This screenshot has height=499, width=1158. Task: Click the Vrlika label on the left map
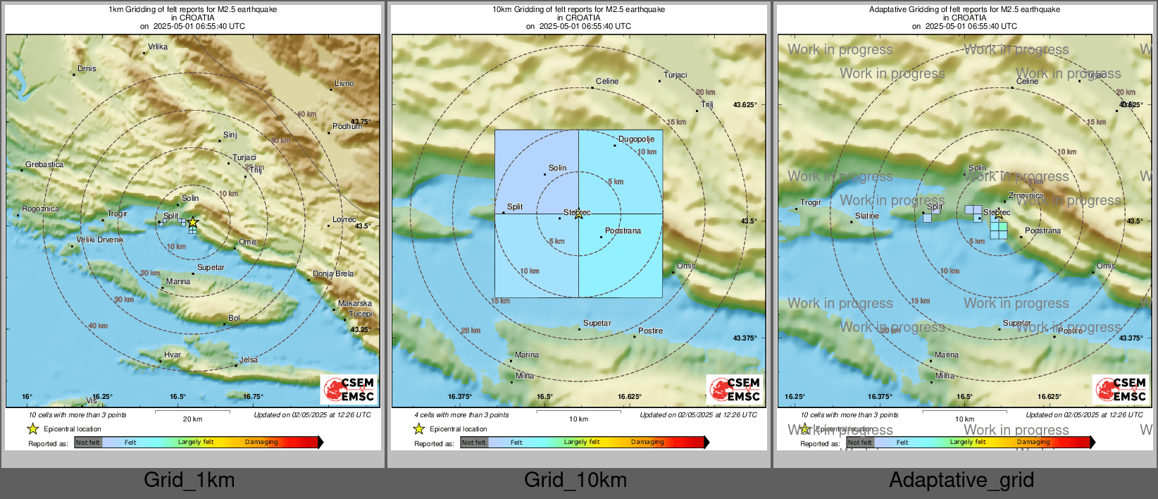(x=158, y=47)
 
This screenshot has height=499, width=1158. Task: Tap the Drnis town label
(x=87, y=69)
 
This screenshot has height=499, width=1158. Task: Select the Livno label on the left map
(x=344, y=84)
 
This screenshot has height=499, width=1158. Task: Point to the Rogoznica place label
(x=40, y=209)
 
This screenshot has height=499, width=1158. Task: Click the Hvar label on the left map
(x=173, y=355)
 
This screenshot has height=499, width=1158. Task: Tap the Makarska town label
(x=354, y=304)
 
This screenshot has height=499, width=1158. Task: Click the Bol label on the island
(x=234, y=319)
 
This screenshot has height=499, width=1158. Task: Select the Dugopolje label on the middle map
(x=636, y=140)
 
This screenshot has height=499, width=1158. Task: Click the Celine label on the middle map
(x=606, y=82)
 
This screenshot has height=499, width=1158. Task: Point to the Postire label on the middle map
(x=650, y=331)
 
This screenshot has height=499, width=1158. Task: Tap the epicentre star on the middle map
(x=578, y=214)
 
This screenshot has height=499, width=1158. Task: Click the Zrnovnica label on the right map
(x=1026, y=196)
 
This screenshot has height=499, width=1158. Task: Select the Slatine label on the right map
(x=867, y=216)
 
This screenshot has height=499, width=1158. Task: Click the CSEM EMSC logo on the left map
(x=349, y=389)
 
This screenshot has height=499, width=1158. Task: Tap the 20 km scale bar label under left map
(x=192, y=419)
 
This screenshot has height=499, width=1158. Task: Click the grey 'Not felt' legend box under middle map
(x=474, y=443)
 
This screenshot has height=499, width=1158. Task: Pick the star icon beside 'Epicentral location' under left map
(x=32, y=429)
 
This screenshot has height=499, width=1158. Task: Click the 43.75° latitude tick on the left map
(x=361, y=122)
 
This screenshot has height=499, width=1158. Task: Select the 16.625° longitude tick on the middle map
(x=629, y=397)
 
